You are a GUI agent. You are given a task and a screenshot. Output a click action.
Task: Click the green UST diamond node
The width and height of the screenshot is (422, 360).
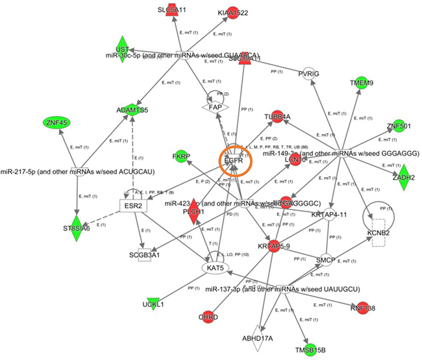coord(122,50)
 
